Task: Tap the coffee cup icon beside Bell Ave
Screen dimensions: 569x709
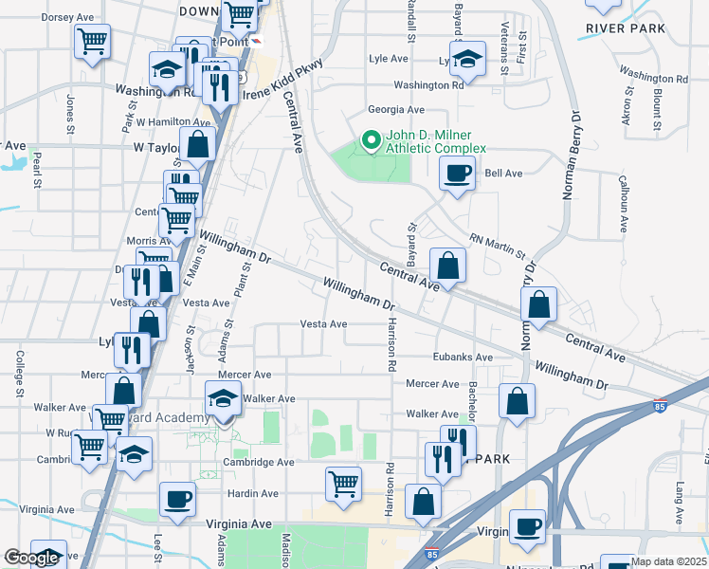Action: click(457, 173)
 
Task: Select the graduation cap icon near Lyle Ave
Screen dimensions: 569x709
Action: click(467, 59)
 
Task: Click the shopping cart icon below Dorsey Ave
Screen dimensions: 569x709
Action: click(93, 40)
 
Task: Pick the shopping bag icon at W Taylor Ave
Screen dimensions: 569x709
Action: click(198, 146)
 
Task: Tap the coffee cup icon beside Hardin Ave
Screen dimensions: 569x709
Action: click(176, 499)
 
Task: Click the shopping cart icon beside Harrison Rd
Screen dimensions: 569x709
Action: click(343, 484)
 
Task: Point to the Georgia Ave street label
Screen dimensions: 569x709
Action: click(396, 110)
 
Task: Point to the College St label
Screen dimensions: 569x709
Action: click(20, 372)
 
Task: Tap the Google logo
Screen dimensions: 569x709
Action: click(30, 558)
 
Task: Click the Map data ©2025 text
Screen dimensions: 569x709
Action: click(668, 561)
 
